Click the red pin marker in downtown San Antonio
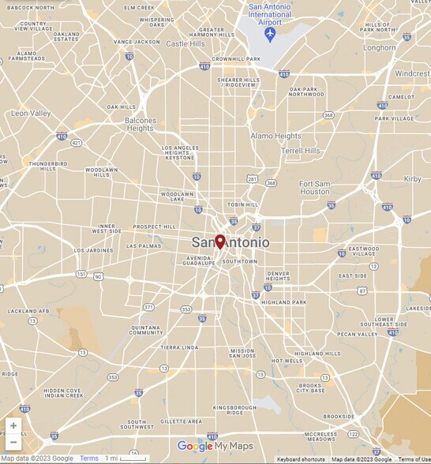click(220, 241)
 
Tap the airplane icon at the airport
click(270, 36)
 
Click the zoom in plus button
click(13, 426)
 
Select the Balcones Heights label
click(140, 124)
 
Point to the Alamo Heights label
click(275, 136)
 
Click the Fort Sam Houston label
click(314, 188)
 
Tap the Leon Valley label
click(31, 114)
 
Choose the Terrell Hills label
click(301, 151)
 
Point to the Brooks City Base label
click(309, 387)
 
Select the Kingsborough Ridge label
click(234, 410)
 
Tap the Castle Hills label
click(186, 44)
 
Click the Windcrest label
click(412, 73)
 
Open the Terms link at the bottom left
click(89, 458)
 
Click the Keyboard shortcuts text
click(301, 459)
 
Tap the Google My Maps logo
click(215, 447)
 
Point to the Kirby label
click(412, 179)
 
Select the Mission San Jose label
click(242, 353)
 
